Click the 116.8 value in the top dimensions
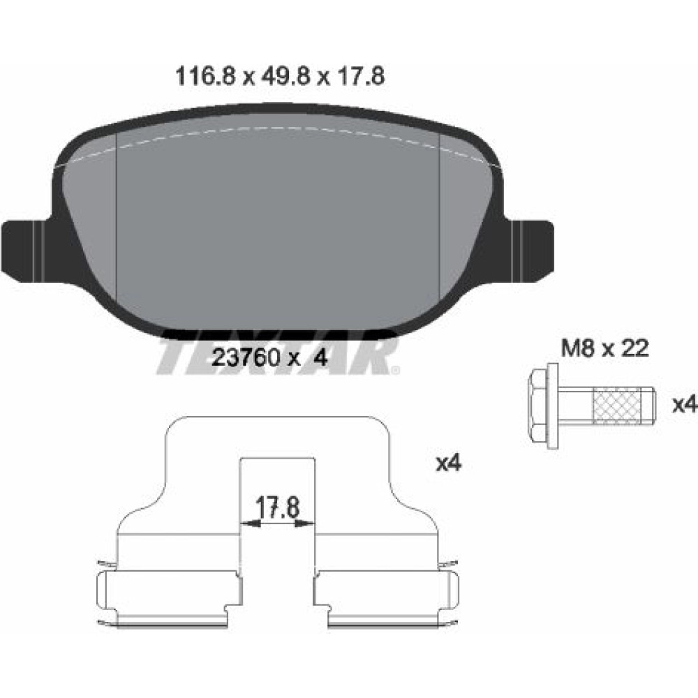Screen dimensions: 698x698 (205, 76)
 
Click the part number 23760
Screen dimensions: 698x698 (246, 357)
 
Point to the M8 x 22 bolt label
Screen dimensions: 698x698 (605, 348)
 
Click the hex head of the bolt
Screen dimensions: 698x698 (542, 405)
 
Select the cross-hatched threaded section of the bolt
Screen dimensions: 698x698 (617, 405)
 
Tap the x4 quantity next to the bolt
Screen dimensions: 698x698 (684, 405)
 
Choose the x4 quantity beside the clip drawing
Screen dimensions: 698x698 (449, 463)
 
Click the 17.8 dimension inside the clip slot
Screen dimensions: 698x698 (277, 507)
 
